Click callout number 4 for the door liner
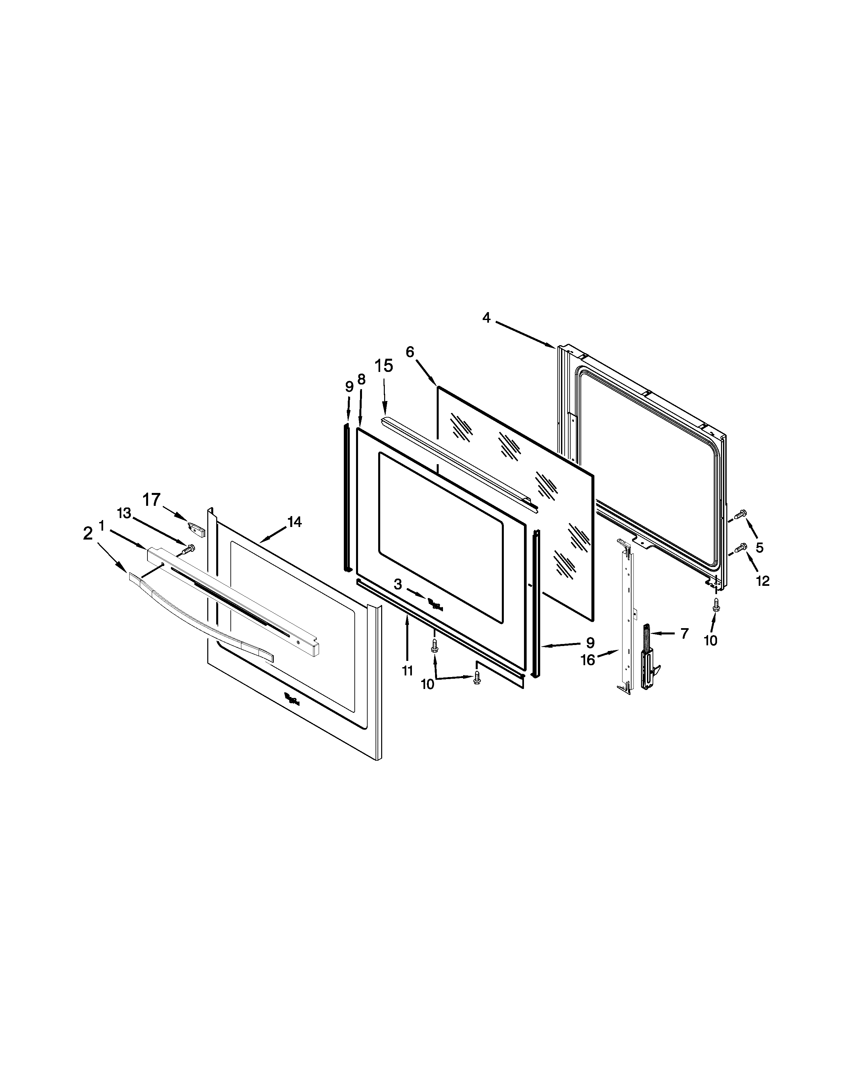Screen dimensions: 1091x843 [486, 318]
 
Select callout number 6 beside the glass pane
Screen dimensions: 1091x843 [410, 352]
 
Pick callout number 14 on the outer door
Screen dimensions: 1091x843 [294, 522]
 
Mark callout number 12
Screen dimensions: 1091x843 [763, 581]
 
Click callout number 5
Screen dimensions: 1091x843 [759, 547]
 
